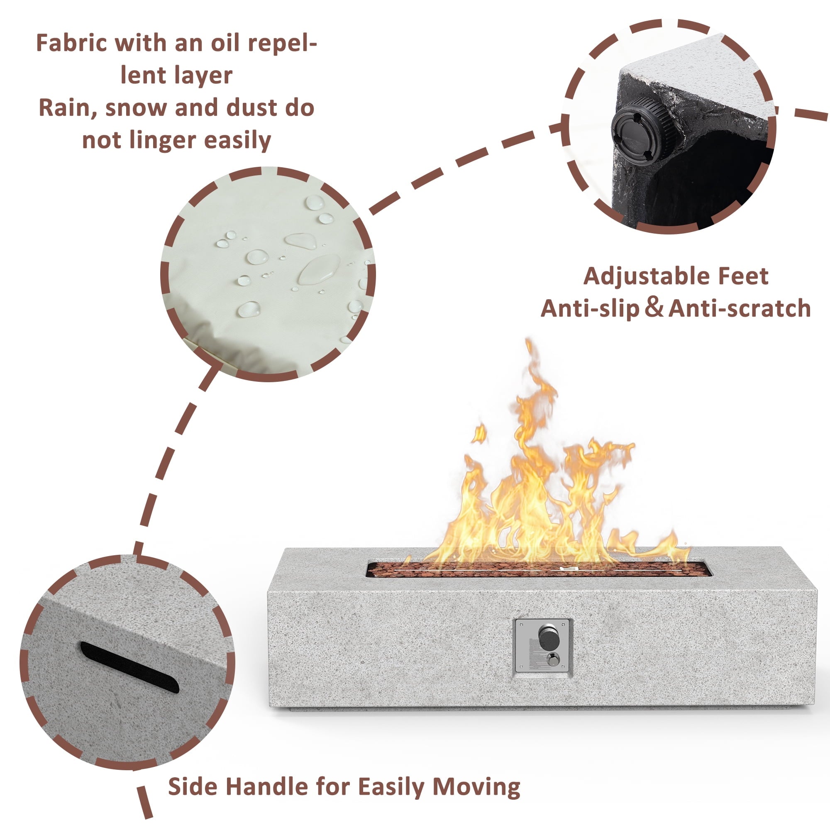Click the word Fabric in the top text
tap(71, 44)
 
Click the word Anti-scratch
tap(740, 308)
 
